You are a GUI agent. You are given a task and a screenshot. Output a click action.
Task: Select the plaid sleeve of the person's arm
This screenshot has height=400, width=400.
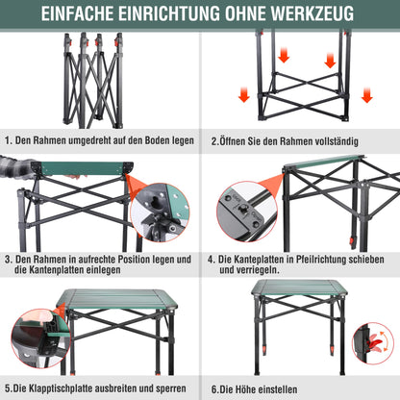15,174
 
